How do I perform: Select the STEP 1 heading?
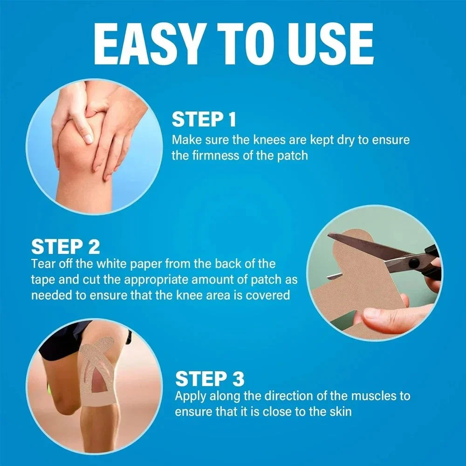[204, 120]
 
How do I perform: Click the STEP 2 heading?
[66, 246]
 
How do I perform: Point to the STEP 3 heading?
[210, 379]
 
